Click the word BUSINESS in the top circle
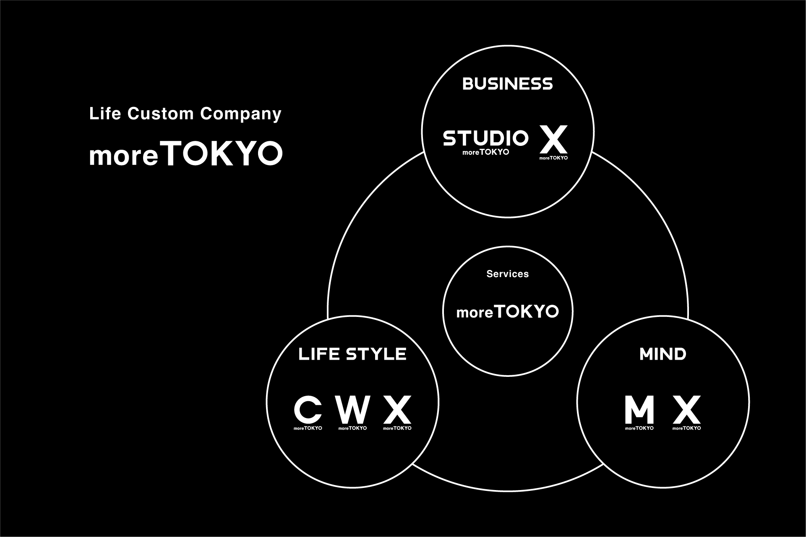pyautogui.click(x=507, y=84)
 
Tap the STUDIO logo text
pyautogui.click(x=485, y=138)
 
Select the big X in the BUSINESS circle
pyautogui.click(x=553, y=139)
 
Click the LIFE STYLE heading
pyautogui.click(x=352, y=354)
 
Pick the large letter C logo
pyautogui.click(x=308, y=409)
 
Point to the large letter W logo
pyautogui.click(x=352, y=409)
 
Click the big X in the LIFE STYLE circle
pyautogui.click(x=397, y=409)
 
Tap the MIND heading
pyautogui.click(x=663, y=354)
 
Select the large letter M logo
pyautogui.click(x=639, y=409)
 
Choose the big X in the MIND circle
pyautogui.click(x=686, y=409)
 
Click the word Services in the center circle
pyautogui.click(x=507, y=274)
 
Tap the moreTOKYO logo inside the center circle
pyautogui.click(x=507, y=311)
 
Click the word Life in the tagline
pyautogui.click(x=105, y=114)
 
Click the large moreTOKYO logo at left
pyautogui.click(x=186, y=153)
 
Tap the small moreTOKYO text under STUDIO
pyautogui.click(x=485, y=152)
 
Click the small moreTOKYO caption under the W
pyautogui.click(x=352, y=428)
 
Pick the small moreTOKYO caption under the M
pyautogui.click(x=639, y=428)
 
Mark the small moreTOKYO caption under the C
pyautogui.click(x=308, y=428)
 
